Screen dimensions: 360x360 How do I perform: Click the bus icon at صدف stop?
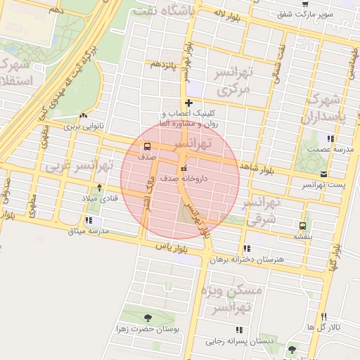[x=147, y=147]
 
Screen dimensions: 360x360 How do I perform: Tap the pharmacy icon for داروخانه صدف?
[x=184, y=168]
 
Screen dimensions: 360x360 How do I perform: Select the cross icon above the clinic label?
[x=188, y=103]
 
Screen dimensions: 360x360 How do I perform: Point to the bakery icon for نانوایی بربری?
[x=84, y=116]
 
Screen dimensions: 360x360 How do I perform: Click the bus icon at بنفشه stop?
[x=302, y=226]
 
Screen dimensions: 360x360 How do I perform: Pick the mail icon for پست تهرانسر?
[x=323, y=174]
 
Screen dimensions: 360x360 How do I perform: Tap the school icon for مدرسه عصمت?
[x=331, y=138]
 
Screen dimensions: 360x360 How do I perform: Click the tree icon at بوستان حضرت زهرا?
[x=146, y=319]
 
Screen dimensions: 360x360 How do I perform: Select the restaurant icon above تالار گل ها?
[x=323, y=317]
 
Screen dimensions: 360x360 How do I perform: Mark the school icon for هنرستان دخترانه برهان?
[x=245, y=248]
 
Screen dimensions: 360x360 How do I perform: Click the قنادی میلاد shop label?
[x=98, y=198]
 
